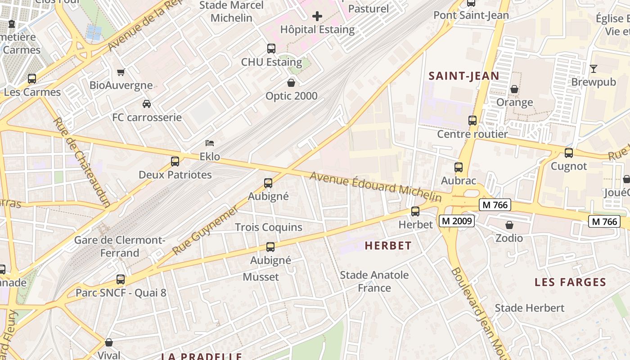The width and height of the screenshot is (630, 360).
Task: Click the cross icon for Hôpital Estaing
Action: [317, 17]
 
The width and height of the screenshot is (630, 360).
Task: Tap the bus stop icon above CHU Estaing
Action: [271, 49]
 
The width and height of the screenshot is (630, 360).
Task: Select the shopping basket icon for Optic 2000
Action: [291, 83]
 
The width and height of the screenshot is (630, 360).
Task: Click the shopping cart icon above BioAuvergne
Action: [121, 72]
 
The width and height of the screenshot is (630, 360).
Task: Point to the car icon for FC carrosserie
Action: [147, 104]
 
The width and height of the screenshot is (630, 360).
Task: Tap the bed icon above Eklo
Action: [210, 143]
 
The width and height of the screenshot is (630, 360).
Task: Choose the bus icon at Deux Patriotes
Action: [175, 161]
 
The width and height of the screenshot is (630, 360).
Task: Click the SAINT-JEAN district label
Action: [464, 76]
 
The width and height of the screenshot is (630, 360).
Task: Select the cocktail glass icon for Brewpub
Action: [593, 69]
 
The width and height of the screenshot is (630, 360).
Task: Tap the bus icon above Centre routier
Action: [472, 121]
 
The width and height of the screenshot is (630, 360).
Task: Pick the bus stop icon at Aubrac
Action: [459, 167]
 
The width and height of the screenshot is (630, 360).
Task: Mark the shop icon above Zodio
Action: [509, 225]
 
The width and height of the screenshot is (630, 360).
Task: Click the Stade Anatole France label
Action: [374, 281]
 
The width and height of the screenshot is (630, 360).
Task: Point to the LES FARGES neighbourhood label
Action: [570, 282]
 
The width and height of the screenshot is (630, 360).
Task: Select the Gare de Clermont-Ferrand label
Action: [120, 246]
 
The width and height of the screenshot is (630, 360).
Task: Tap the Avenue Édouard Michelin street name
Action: [376, 186]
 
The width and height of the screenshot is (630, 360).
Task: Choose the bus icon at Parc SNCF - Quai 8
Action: [121, 279]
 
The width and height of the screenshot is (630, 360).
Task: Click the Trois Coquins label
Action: [269, 227]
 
